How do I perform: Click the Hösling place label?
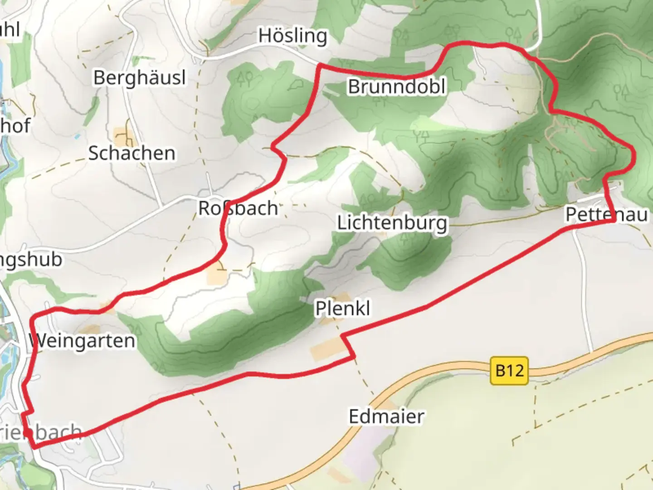(x=292, y=36)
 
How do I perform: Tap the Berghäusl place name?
(x=140, y=78)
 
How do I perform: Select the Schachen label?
(x=132, y=153)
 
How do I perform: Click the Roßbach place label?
(x=238, y=208)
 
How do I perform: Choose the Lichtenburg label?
(x=392, y=223)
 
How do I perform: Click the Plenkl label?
(x=343, y=309)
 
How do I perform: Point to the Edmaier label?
(x=386, y=416)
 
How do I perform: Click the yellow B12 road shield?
(x=509, y=371)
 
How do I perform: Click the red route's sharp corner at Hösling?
(x=321, y=66)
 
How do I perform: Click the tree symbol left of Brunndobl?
(x=247, y=78)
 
